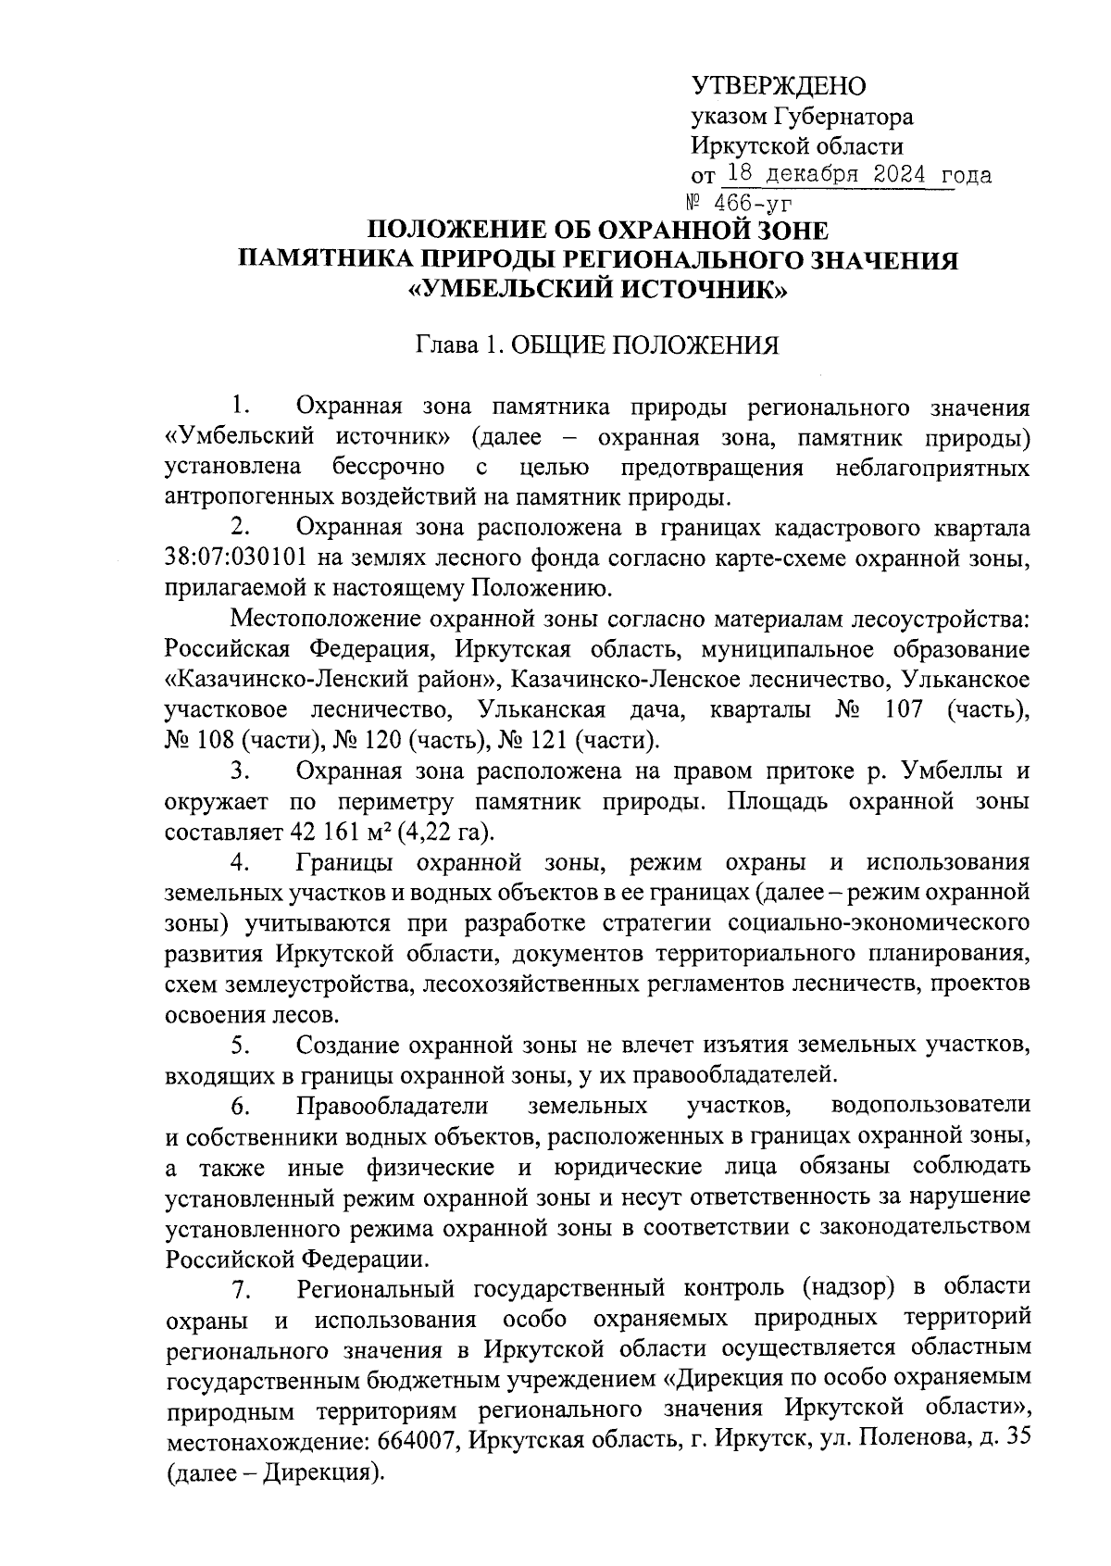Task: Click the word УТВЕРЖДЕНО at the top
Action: (x=779, y=87)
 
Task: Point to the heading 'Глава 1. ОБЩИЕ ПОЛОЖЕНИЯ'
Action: (x=597, y=346)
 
